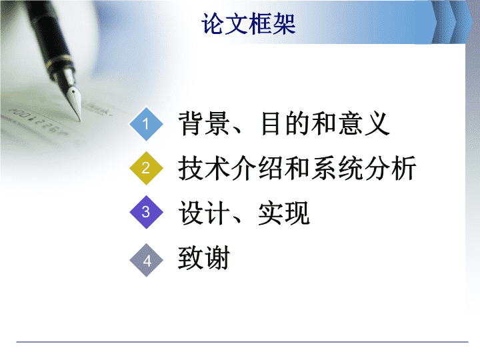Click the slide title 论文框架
pos(248,24)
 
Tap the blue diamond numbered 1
pos(146,124)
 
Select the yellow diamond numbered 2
pos(146,168)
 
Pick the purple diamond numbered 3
pos(146,212)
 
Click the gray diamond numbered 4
pos(146,260)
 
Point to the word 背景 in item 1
pos(204,123)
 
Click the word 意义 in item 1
pos(363,123)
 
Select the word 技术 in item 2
pos(204,168)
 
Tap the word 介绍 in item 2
pos(257,168)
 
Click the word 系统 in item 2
pos(337,168)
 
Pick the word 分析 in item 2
pos(390,168)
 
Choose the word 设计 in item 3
pos(204,213)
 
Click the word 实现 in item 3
pos(284,213)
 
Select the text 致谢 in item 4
pos(204,258)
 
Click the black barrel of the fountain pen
pos(46,34)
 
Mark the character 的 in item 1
pos(298,123)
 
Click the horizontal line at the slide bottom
pos(242,342)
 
